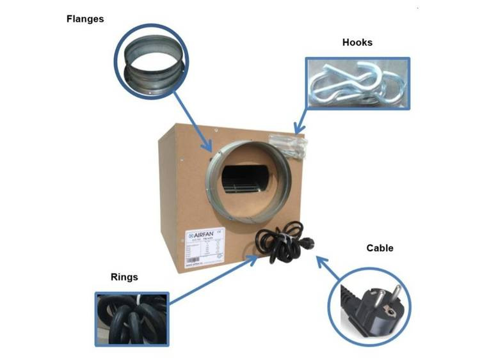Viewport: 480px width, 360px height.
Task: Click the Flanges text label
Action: pyautogui.click(x=85, y=19)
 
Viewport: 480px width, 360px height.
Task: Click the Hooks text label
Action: pyautogui.click(x=357, y=43)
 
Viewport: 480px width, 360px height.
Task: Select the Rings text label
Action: pyautogui.click(x=124, y=277)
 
